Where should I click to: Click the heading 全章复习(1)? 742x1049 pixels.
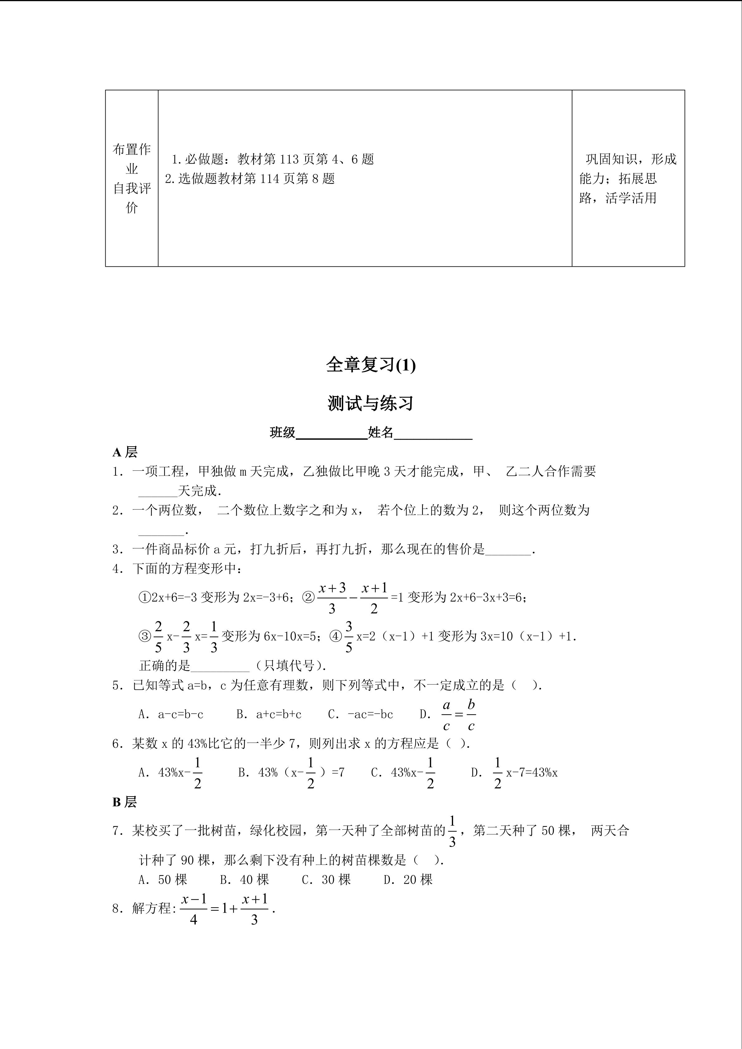(371, 365)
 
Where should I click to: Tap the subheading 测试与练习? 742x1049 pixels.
(371, 403)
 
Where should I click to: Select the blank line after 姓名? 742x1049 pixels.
(433, 434)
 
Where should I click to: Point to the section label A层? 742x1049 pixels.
(125, 452)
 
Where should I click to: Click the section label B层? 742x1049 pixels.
(124, 802)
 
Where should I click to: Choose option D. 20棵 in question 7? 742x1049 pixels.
(408, 880)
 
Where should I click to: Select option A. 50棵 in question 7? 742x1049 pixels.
(163, 880)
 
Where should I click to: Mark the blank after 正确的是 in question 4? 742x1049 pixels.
(220, 666)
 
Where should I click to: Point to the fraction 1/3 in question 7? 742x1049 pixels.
(452, 832)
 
